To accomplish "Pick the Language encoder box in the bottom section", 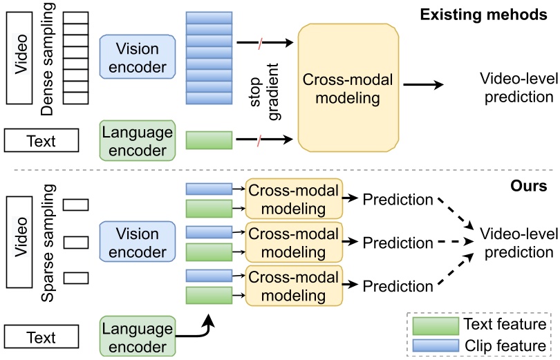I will [x=136, y=337].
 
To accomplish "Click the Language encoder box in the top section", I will [x=136, y=140].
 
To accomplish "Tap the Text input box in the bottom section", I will [x=41, y=337].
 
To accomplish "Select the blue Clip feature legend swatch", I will [x=434, y=344].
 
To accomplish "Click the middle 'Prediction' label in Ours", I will [x=398, y=243].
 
